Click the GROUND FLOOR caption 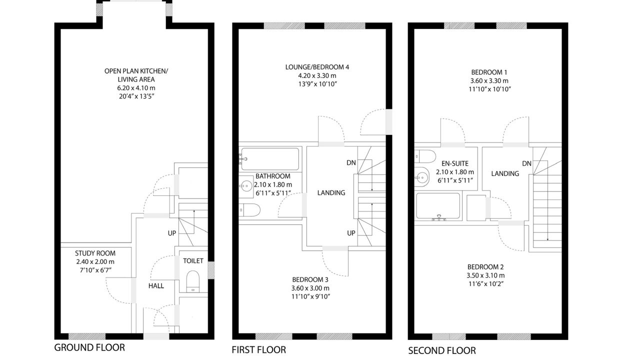[89, 347]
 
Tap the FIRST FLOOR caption [259, 350]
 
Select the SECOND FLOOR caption [442, 351]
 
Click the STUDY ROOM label [95, 253]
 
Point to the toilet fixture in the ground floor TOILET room [193, 281]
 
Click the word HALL [156, 286]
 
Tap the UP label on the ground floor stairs [172, 233]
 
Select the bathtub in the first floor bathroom [270, 159]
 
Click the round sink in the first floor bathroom [246, 186]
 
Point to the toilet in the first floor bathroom [249, 210]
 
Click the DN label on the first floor [351, 162]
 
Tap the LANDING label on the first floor [331, 193]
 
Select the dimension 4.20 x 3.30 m [317, 75]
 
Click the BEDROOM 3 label [310, 279]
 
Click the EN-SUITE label [455, 163]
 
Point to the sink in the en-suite [421, 177]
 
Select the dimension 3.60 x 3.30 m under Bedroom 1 [489, 81]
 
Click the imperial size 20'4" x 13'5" [136, 96]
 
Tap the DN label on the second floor [526, 163]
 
